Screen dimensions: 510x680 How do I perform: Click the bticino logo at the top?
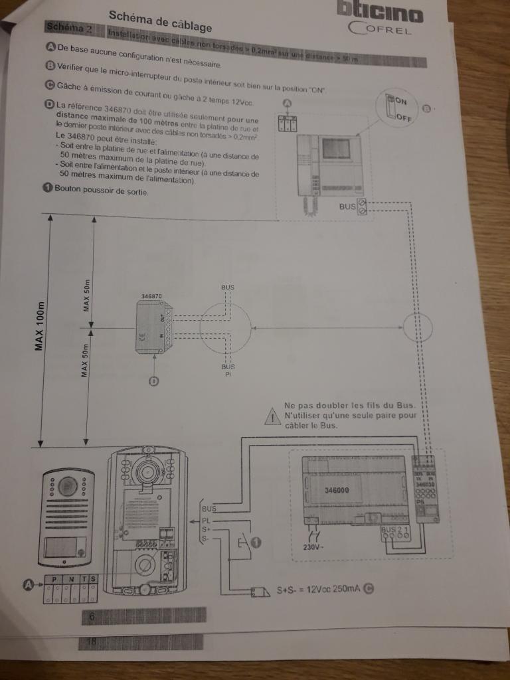380,12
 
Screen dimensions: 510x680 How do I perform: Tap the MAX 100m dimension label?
41,326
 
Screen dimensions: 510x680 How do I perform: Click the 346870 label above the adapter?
151,295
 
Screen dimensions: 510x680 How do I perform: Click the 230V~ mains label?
313,547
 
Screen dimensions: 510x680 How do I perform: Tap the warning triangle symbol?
273,417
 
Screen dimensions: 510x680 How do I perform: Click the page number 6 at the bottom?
92,617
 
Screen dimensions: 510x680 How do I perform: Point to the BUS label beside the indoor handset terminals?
347,207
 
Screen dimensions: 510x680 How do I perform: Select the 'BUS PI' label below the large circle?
228,369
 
